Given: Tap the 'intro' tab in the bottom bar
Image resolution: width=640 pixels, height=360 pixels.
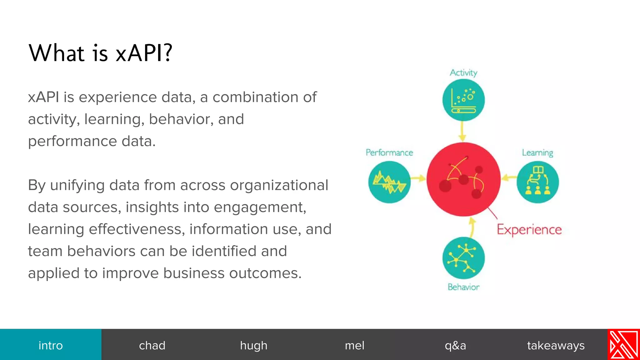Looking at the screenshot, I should tap(51, 345).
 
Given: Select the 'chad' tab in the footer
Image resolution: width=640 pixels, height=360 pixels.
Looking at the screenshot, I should tap(152, 345).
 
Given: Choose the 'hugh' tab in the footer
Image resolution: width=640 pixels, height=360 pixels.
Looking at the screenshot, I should tap(253, 345).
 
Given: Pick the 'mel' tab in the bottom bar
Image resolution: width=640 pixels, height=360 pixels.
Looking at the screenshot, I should tap(354, 345).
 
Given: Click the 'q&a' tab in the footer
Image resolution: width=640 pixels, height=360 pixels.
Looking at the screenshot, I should tap(455, 345).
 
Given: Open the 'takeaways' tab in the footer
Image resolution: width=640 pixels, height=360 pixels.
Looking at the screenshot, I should tap(556, 345).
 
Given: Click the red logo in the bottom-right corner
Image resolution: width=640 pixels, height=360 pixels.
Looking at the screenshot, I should tap(623, 344).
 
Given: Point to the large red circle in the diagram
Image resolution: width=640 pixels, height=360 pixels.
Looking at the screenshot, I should tap(463, 179).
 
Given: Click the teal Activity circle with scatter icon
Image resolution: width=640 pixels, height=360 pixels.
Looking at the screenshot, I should tap(463, 100).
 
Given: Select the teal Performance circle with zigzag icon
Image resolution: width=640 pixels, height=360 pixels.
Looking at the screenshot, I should tap(389, 182).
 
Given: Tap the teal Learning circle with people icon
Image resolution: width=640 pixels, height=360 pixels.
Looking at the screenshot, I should tap(537, 182).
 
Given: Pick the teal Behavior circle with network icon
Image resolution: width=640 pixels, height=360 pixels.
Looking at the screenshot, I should tap(463, 258).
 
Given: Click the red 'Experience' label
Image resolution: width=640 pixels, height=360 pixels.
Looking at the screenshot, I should tap(529, 230).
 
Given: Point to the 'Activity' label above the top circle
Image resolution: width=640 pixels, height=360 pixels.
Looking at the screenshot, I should tap(463, 72).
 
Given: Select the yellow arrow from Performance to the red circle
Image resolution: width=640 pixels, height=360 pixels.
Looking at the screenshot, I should tap(418, 178).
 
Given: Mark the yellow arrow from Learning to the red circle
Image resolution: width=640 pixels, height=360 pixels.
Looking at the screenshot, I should tap(509, 178).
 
